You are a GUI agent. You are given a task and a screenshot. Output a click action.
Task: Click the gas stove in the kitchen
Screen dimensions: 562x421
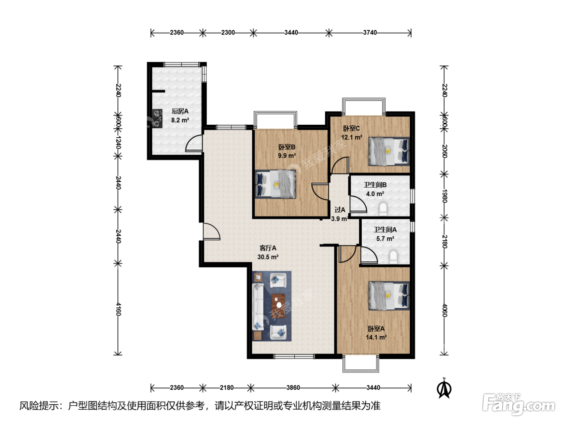coord(157,118)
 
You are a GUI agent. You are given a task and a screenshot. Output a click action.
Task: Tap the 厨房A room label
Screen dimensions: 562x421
coord(180,111)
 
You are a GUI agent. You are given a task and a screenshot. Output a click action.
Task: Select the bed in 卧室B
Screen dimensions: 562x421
coord(275,184)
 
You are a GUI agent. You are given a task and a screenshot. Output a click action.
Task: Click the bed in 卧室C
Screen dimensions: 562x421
coord(389,151)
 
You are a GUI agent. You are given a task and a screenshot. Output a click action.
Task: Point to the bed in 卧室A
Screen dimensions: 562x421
coord(389,296)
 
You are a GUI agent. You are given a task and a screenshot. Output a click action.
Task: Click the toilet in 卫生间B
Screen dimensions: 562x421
coord(383,208)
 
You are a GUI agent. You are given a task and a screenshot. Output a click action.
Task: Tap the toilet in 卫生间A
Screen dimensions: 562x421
coord(393,257)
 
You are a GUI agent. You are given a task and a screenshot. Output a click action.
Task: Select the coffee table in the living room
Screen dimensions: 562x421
coord(278,304)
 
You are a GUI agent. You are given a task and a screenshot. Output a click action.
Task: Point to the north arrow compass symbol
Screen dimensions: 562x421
coord(444,389)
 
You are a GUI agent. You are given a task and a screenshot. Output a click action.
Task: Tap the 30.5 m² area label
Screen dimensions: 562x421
coord(268,257)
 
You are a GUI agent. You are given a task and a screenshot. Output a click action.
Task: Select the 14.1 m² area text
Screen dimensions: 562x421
coord(376,338)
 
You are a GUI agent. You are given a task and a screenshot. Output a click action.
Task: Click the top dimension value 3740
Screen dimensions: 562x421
coord(370,32)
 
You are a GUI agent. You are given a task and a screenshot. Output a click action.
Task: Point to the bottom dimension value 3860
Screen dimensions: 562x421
coord(293,387)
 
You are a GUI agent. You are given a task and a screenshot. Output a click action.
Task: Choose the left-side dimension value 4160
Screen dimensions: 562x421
coord(118,309)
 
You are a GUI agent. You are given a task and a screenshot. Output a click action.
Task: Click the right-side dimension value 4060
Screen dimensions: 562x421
coord(444,310)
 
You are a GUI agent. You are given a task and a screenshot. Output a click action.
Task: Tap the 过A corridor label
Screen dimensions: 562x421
coord(340,210)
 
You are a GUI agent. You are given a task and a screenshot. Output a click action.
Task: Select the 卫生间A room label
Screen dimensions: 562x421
coord(385,229)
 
